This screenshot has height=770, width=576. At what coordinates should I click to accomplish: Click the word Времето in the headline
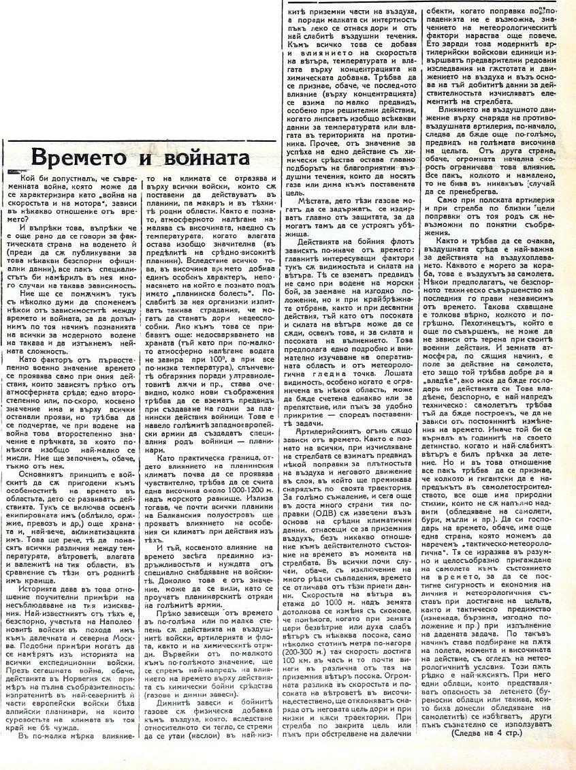tap(84, 157)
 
